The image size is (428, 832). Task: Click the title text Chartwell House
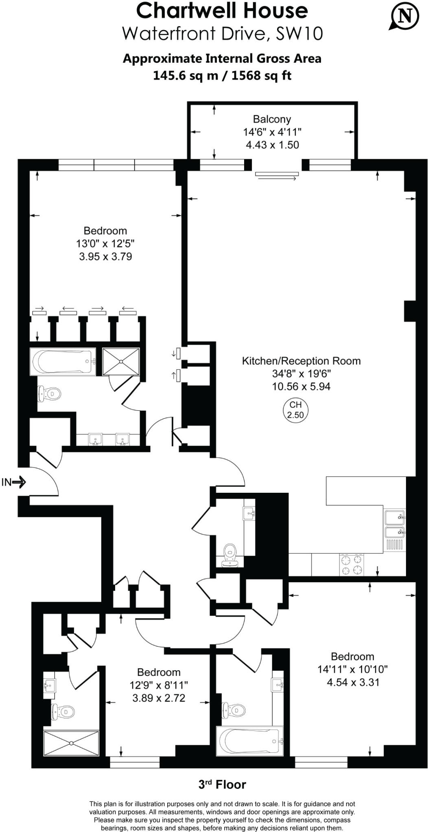tap(222, 11)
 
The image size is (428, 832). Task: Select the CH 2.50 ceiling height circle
tap(295, 410)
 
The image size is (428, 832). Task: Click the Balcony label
tap(272, 119)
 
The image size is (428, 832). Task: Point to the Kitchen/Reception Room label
tap(301, 361)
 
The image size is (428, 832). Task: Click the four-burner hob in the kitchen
tap(352, 565)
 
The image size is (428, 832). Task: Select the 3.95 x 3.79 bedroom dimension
tap(105, 256)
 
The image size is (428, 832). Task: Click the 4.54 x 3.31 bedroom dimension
tap(353, 682)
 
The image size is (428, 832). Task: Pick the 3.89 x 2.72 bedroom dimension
tap(159, 698)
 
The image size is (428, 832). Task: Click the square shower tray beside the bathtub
tap(121, 361)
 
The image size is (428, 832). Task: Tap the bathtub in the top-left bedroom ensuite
tap(63, 361)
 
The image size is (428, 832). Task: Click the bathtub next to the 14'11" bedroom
tap(249, 741)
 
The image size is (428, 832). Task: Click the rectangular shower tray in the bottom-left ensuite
tap(71, 743)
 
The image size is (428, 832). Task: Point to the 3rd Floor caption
tap(222, 784)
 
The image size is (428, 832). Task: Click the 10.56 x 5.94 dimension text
tap(301, 386)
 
